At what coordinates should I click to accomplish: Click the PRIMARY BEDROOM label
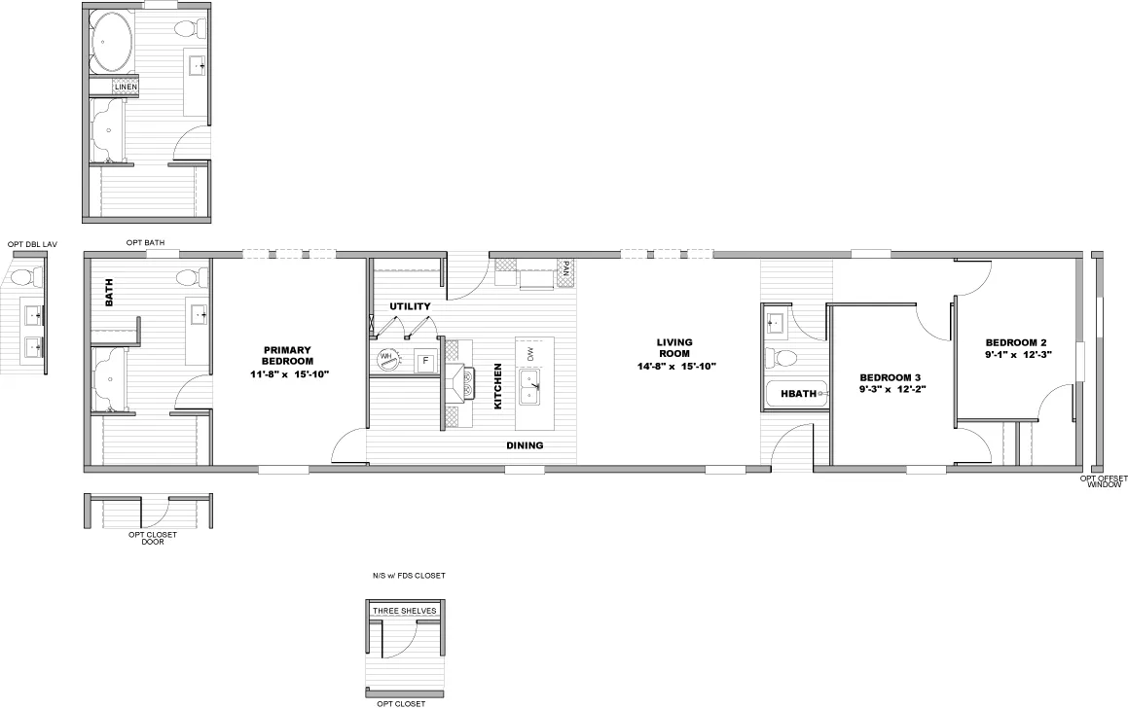(x=287, y=356)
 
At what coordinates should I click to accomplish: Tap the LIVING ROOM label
(x=674, y=348)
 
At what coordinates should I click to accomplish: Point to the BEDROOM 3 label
(x=890, y=377)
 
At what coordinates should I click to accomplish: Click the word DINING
(x=525, y=445)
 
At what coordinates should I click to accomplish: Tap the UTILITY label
(x=410, y=306)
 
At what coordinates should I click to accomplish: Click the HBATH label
(x=798, y=393)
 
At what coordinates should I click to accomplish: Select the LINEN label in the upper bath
(x=126, y=87)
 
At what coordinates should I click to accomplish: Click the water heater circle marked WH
(x=387, y=358)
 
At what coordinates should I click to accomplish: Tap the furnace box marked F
(x=425, y=360)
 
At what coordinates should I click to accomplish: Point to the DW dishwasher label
(x=530, y=354)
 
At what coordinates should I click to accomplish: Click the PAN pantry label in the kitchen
(x=566, y=270)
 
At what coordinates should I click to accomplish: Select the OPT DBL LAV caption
(x=32, y=244)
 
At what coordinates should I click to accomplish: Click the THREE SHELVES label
(x=404, y=611)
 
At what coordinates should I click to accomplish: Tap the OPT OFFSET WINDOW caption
(x=1104, y=481)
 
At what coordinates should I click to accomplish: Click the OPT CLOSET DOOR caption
(x=153, y=538)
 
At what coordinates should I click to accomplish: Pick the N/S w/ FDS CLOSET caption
(x=409, y=576)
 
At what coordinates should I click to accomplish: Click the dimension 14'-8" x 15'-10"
(x=676, y=366)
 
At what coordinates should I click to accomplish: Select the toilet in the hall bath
(x=781, y=357)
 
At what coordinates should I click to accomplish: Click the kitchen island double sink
(x=530, y=388)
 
